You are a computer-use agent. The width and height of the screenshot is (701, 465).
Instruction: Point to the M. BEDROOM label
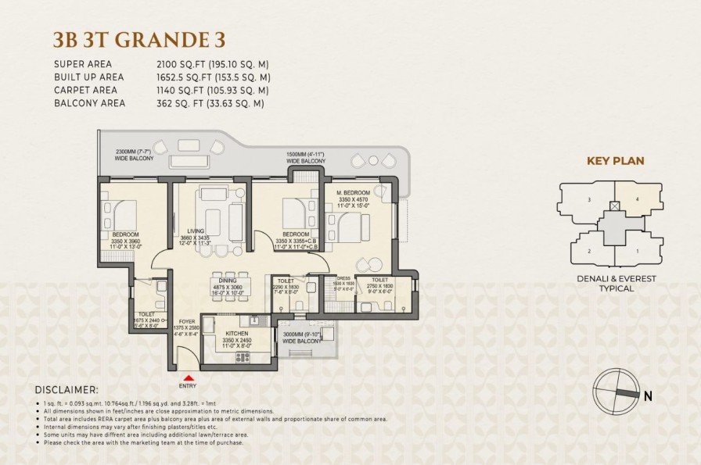click(353, 192)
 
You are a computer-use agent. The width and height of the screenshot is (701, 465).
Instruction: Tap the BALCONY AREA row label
click(89, 102)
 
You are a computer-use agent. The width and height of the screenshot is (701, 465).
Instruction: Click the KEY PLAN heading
click(615, 161)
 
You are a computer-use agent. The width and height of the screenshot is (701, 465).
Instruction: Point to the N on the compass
click(647, 395)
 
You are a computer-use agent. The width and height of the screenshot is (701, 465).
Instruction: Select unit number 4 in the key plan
click(637, 199)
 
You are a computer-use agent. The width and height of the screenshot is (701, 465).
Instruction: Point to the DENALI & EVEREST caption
click(615, 278)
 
